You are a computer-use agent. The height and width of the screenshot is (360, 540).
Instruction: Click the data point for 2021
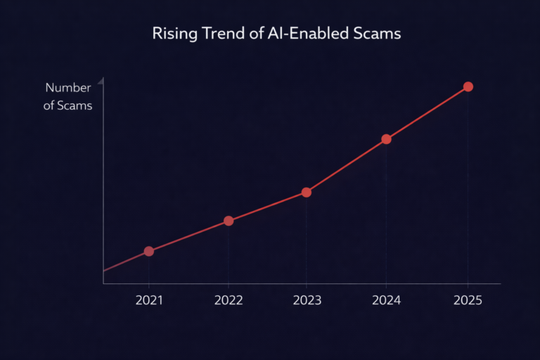(x=149, y=251)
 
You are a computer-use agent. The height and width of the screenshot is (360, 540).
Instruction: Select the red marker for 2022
(x=229, y=221)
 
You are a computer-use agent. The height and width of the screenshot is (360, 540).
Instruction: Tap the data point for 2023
(x=307, y=192)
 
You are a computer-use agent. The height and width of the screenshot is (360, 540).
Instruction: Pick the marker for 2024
(x=386, y=139)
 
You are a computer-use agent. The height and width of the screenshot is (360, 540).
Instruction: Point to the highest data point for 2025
(x=468, y=86)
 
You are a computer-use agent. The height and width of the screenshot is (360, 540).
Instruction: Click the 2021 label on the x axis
(x=149, y=300)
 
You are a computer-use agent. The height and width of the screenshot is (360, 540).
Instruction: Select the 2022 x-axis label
(x=229, y=300)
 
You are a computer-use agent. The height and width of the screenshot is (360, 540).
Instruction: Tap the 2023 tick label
(x=307, y=300)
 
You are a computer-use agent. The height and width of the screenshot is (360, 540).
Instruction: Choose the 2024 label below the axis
(x=386, y=300)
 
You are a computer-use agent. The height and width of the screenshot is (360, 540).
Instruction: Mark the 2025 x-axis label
(x=468, y=300)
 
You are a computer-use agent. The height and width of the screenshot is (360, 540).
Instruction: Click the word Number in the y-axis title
(x=68, y=88)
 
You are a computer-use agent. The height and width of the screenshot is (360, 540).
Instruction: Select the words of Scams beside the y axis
(x=68, y=106)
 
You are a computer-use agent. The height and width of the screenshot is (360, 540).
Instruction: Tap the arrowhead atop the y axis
(x=102, y=82)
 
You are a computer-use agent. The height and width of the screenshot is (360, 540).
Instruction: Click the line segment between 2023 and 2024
(x=346, y=166)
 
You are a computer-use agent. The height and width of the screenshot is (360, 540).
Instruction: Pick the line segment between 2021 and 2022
(x=188, y=236)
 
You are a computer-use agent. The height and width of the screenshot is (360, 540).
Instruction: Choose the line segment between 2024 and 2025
(x=427, y=113)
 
